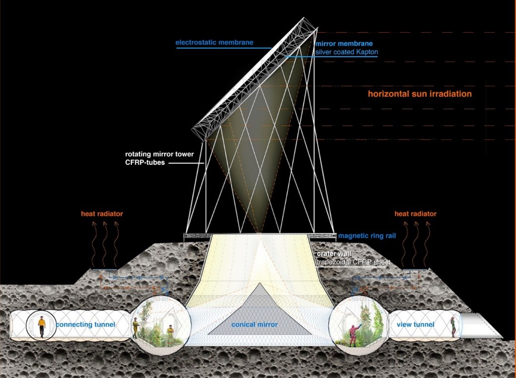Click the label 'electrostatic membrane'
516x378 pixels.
pyautogui.click(x=214, y=43)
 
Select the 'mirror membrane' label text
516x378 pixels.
pyautogui.click(x=344, y=43)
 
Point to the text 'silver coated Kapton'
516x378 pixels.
pyautogui.click(x=347, y=52)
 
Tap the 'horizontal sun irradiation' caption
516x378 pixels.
pyautogui.click(x=419, y=94)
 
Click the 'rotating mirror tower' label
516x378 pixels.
pyautogui.click(x=159, y=154)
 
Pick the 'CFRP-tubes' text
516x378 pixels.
pyautogui.click(x=145, y=162)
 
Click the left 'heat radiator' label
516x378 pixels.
pyautogui.click(x=102, y=214)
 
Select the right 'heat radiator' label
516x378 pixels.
pyautogui.click(x=416, y=214)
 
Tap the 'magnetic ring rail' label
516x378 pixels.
pyautogui.click(x=367, y=236)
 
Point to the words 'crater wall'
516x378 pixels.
pyautogui.click(x=334, y=254)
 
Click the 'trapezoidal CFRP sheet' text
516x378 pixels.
pyautogui.click(x=353, y=262)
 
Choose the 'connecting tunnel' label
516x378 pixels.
pyautogui.click(x=85, y=325)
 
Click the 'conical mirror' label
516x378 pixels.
pyautogui.click(x=254, y=325)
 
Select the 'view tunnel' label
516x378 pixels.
pyautogui.click(x=416, y=325)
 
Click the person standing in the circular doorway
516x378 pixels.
pyautogui.click(x=42, y=326)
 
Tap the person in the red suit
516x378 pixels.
pyautogui.click(x=354, y=335)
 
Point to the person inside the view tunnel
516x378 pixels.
pyautogui.click(x=453, y=326)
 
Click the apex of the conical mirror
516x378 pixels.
pyautogui.click(x=260, y=283)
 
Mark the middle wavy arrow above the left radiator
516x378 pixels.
pyautogui.click(x=105, y=244)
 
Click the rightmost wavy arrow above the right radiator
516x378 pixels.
pyautogui.click(x=427, y=244)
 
